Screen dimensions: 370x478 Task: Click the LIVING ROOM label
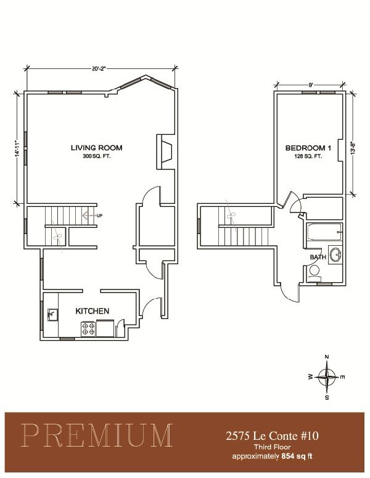96,148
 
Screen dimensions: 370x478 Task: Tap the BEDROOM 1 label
308,148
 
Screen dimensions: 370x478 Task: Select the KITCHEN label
92,311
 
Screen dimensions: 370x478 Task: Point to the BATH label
318,257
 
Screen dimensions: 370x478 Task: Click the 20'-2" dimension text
98,68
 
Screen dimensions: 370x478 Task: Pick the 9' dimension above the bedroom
311,85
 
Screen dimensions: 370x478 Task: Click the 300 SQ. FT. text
96,156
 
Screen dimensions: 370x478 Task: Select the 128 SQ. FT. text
308,156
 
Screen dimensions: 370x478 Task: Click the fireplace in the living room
165,152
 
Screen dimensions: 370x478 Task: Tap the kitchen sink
52,315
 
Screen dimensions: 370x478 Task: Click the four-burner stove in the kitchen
89,329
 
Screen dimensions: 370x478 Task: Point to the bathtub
324,232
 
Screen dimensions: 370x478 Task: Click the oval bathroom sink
335,254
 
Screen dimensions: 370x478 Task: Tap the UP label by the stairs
99,216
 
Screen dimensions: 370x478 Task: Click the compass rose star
327,377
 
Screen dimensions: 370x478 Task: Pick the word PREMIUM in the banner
97,435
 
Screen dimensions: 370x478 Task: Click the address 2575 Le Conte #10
272,435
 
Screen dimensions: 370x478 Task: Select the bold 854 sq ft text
297,456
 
